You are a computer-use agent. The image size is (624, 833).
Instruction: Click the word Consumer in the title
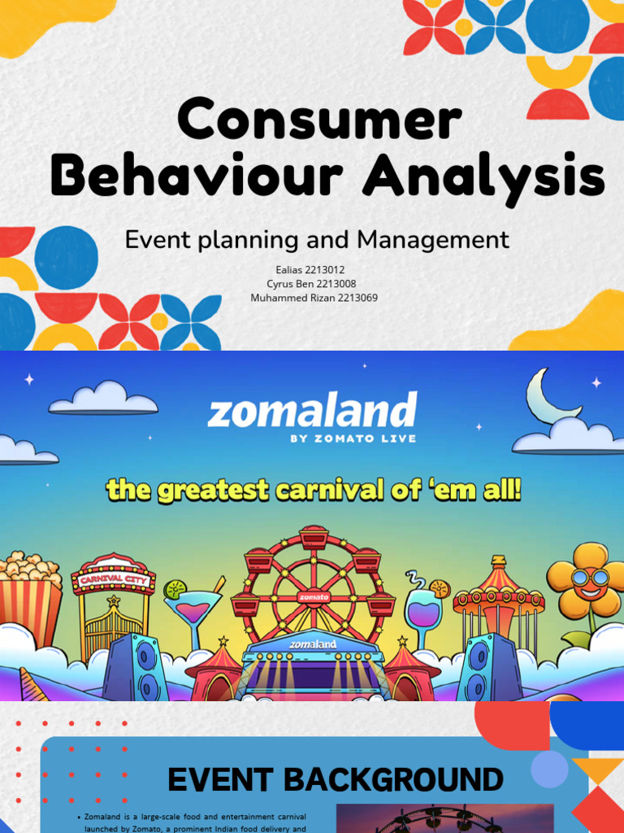(x=319, y=120)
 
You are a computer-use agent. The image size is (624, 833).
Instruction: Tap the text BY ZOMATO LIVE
(x=353, y=438)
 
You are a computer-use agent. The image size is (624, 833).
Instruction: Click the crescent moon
(x=548, y=396)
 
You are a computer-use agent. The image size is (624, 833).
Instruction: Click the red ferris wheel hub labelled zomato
(x=313, y=596)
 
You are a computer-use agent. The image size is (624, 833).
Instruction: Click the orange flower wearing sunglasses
(x=588, y=582)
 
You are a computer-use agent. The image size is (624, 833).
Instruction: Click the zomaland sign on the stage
(x=313, y=644)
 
